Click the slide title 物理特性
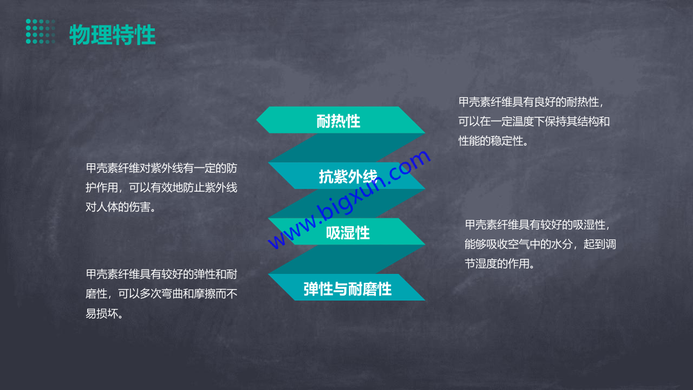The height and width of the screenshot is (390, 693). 112,34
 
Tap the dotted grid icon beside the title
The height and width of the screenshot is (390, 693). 41,31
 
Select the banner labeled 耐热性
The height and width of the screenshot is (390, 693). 340,120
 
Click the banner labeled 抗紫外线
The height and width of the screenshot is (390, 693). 346,176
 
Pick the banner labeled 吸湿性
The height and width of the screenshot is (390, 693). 346,232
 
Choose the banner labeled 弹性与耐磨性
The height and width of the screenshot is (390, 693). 346,287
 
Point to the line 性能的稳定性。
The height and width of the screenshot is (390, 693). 493,141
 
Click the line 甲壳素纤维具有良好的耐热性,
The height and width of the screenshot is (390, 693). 531,102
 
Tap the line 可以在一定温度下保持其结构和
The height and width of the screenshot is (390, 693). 534,122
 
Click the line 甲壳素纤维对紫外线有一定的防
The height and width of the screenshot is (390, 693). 162,168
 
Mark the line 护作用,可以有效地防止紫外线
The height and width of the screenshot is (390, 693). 162,188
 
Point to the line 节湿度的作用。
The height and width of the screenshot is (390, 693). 499,264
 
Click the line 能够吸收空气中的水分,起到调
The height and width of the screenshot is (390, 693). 540,244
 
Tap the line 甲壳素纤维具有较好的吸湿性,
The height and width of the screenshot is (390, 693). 538,224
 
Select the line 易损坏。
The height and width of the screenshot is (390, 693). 104,313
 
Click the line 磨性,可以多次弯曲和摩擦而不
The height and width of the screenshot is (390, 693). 162,294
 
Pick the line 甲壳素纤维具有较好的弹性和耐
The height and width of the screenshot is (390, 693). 162,274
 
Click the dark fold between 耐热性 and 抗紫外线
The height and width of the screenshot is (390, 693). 346,148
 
